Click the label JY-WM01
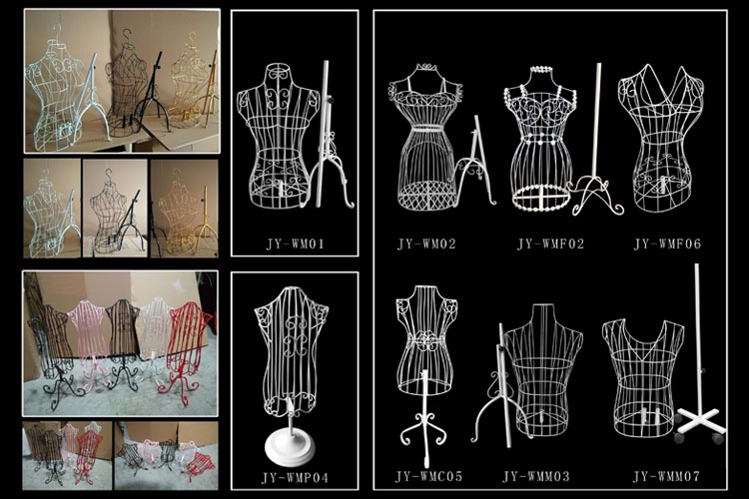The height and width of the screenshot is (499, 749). point(295,244)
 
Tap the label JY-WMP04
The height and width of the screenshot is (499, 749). point(295,477)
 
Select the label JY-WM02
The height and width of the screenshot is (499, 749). point(426,244)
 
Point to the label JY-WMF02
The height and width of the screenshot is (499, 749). point(550,244)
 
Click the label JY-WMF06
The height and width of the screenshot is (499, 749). point(667,244)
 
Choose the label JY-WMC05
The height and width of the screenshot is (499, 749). point(428,476)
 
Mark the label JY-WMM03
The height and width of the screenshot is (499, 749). point(536,476)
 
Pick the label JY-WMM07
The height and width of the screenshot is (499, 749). point(666,476)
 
